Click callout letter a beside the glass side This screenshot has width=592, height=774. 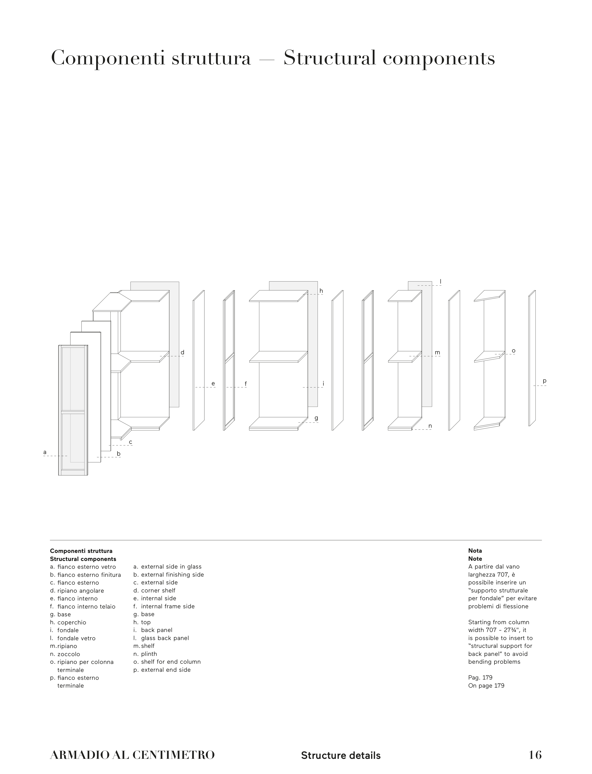[45, 452]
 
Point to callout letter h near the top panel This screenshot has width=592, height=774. [321, 291]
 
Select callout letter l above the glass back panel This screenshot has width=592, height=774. [440, 281]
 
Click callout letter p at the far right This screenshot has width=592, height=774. [544, 381]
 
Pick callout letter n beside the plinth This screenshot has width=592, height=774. [430, 426]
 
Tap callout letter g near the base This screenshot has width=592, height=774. [316, 418]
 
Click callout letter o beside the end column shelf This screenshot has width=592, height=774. [513, 351]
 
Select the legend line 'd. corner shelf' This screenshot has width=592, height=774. [154, 591]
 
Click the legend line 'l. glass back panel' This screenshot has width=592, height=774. [161, 638]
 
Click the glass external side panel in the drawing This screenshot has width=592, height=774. [73, 410]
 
